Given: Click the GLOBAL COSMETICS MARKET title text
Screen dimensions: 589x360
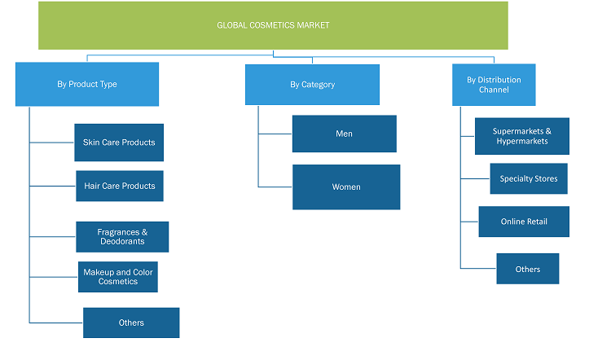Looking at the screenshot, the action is pos(273,25).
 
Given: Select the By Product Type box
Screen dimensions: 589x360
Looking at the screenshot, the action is pos(87,84).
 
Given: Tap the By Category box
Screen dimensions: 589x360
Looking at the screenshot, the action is pos(312,85).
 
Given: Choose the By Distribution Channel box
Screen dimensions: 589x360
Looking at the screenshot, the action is pos(494,85).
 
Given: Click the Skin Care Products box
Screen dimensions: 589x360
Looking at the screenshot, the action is pos(119,143).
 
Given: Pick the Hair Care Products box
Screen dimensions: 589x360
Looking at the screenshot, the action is pos(120,186).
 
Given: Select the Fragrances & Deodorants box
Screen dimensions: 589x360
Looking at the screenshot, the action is pos(122,237).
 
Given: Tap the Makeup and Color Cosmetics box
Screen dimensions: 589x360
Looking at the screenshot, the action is pos(118,277).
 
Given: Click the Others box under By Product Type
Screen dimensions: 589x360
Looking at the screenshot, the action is pos(131,323).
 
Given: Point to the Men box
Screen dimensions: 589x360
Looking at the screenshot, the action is pos(344,134).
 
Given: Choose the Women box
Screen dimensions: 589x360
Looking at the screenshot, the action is pos(346,187).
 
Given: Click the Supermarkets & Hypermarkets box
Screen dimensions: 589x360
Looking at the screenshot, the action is pos(521,136).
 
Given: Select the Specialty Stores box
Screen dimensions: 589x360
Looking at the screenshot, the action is pos(529,178).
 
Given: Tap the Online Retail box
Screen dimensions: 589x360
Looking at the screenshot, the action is pos(524,222).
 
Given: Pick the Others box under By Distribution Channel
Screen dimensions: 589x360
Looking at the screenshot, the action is pos(527,269).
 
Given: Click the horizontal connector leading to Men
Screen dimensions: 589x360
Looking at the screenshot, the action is pos(275,134).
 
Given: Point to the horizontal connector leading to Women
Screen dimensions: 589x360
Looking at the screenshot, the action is pos(275,187).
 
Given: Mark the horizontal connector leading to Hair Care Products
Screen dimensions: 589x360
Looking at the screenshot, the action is pos(53,186).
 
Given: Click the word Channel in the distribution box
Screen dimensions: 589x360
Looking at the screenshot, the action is pos(494,90).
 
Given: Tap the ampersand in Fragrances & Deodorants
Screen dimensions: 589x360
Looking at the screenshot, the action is pos(145,232).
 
